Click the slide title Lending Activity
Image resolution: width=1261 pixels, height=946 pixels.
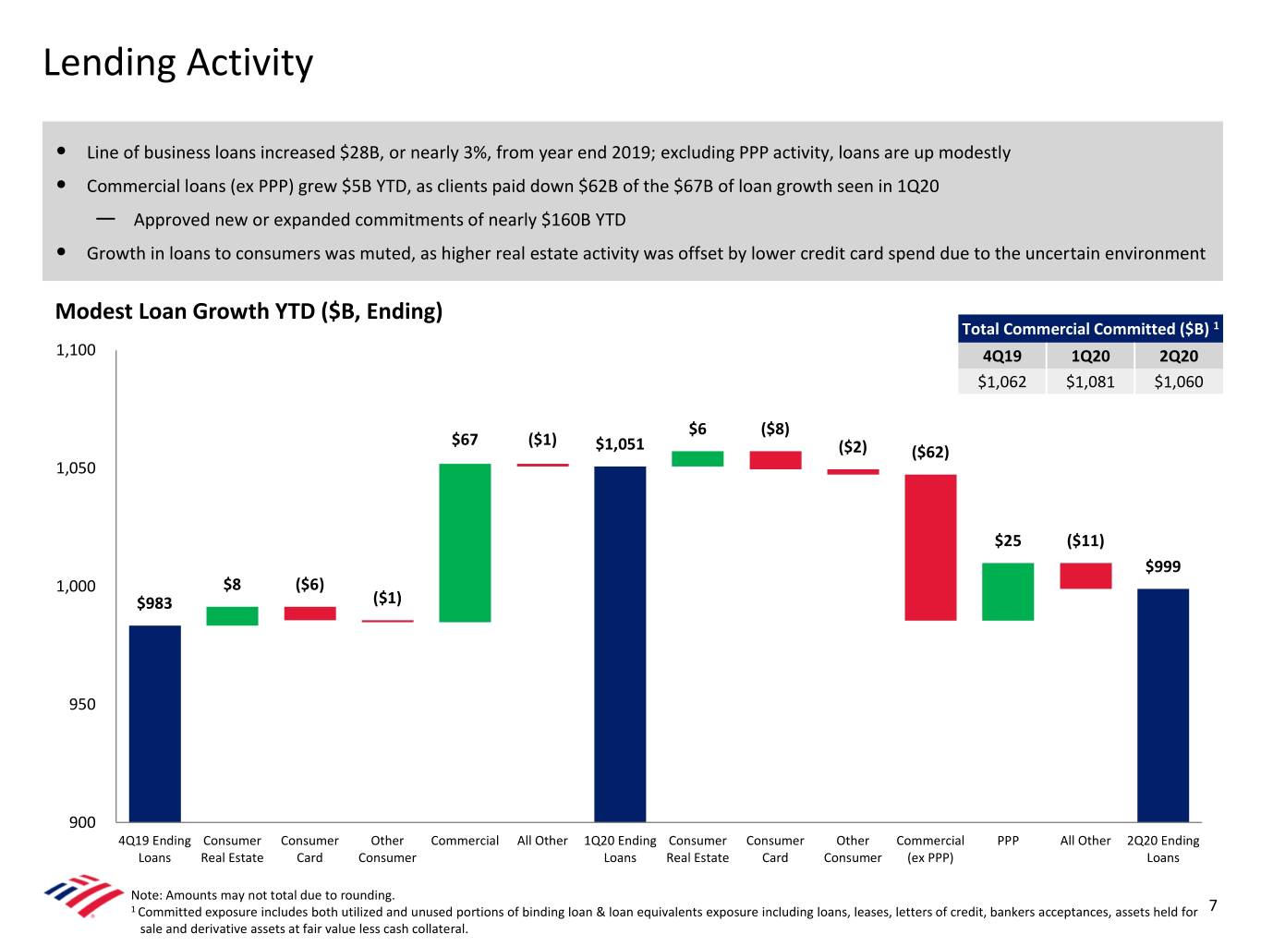pyautogui.click(x=178, y=63)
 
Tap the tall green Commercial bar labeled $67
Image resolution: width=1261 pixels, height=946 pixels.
pyautogui.click(x=465, y=542)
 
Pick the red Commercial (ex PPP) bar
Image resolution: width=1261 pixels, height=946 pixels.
pyautogui.click(x=930, y=547)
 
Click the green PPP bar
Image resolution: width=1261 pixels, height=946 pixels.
pyautogui.click(x=1008, y=591)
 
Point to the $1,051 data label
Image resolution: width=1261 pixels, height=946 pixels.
pyautogui.click(x=620, y=444)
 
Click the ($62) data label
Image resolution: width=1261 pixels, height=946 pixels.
pyautogui.click(x=930, y=452)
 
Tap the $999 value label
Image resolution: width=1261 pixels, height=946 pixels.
pyautogui.click(x=1162, y=566)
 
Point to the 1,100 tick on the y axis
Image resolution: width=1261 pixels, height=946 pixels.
pyautogui.click(x=76, y=350)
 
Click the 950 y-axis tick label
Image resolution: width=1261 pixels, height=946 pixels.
pyautogui.click(x=81, y=704)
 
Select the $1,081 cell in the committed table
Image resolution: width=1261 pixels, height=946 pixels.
pyautogui.click(x=1090, y=382)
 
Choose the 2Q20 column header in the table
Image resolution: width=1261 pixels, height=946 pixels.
pyautogui.click(x=1178, y=356)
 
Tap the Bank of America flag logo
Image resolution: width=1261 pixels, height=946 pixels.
pyautogui.click(x=83, y=894)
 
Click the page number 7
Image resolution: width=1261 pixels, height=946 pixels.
pyautogui.click(x=1213, y=905)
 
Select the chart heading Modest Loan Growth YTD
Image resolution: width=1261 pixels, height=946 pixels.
pyautogui.click(x=249, y=311)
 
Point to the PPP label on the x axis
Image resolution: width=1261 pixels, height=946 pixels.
pyautogui.click(x=1008, y=841)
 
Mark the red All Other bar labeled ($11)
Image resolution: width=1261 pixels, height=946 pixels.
pyautogui.click(x=1085, y=576)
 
